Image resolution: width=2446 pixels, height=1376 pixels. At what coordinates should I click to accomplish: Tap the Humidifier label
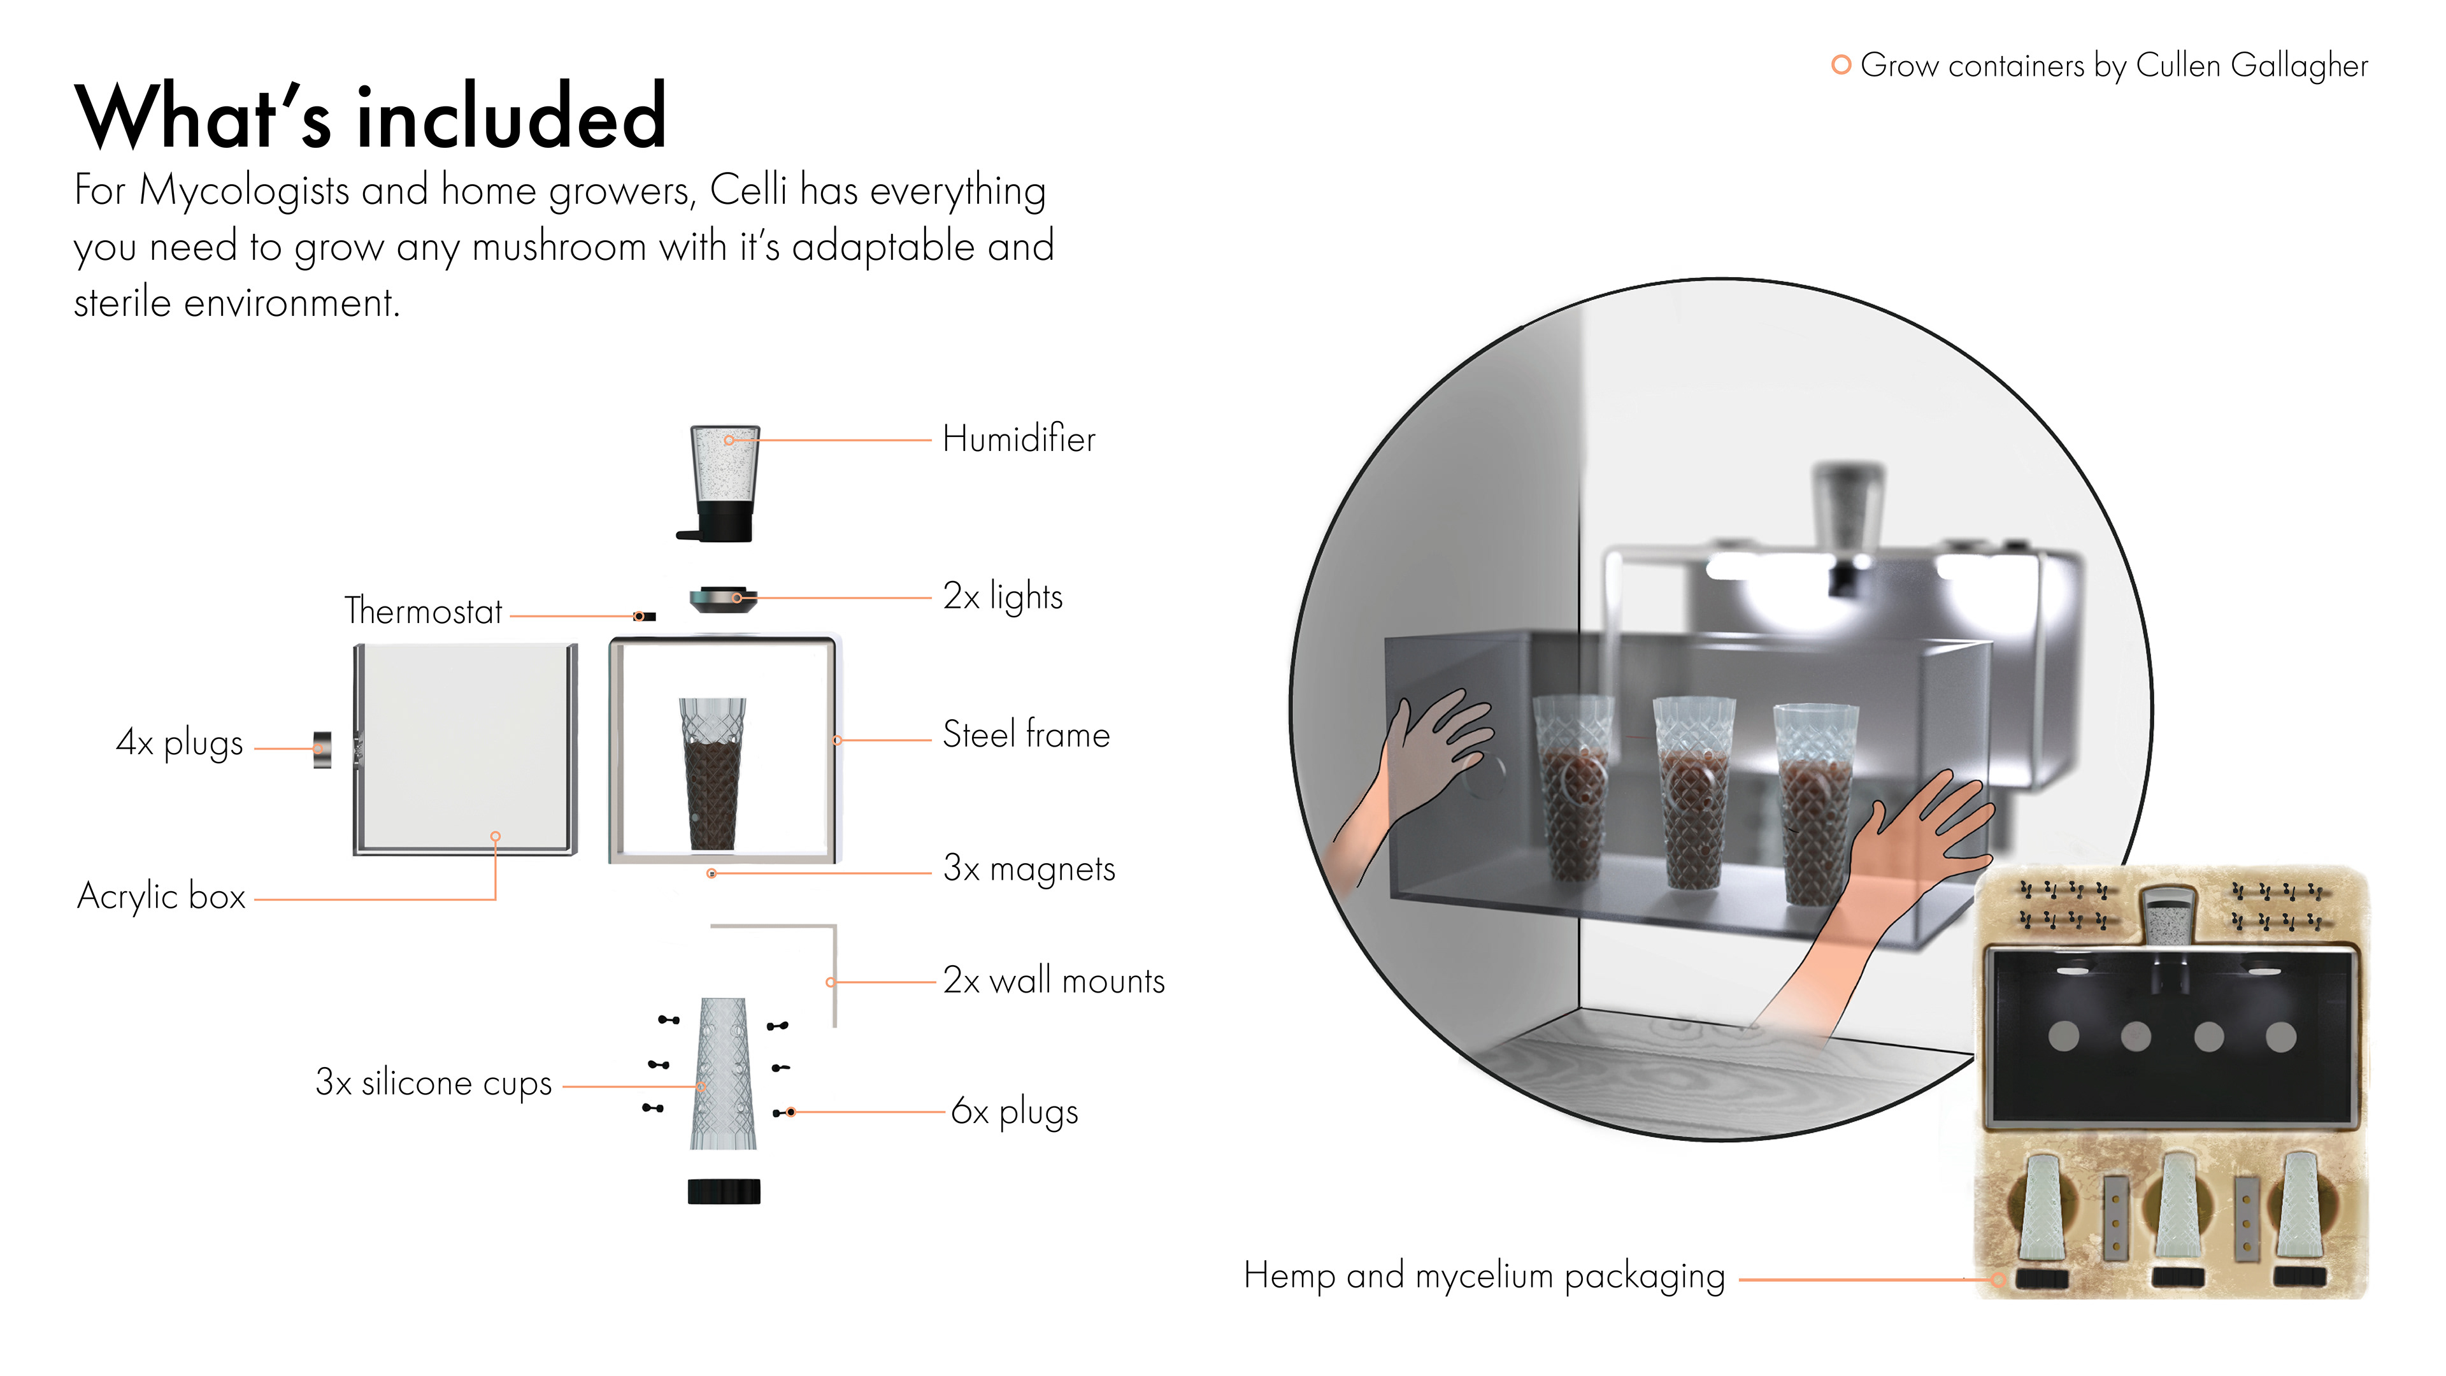coord(1018,440)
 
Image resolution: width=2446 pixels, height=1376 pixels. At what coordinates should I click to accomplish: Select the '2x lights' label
coord(1002,596)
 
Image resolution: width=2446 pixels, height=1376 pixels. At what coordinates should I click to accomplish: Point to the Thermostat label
coord(422,612)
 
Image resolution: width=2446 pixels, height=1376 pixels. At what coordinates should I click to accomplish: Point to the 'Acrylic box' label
coord(161,896)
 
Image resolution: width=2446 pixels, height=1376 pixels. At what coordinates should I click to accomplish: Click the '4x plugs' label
coord(180,743)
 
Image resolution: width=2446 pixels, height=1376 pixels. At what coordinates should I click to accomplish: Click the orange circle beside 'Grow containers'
coord(1840,64)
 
